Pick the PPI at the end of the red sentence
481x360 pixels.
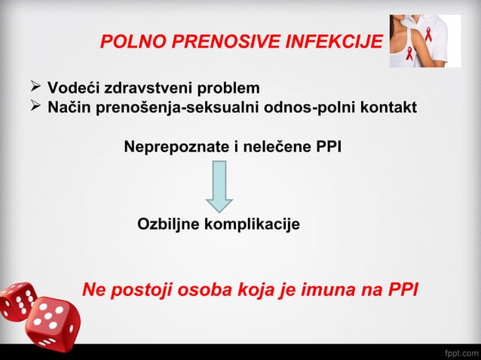pos(401,291)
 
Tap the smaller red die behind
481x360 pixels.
pos(17,301)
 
